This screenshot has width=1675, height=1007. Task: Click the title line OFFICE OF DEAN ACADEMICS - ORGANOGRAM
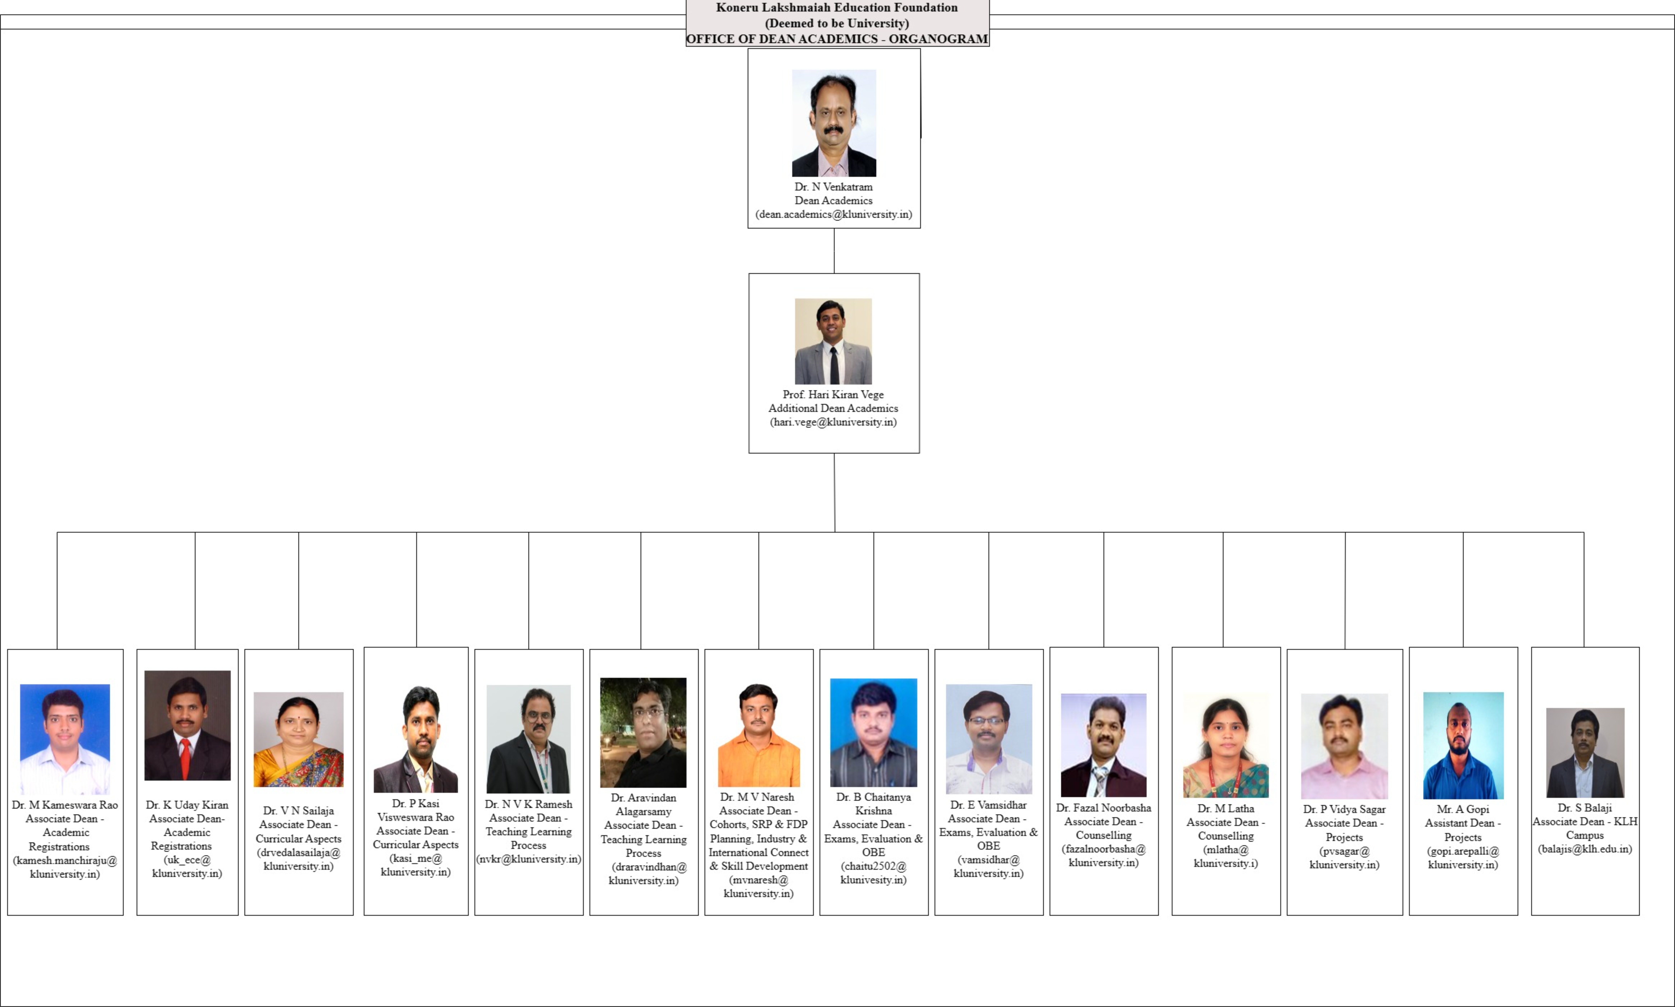837,39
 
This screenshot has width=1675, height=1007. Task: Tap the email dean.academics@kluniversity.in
833,214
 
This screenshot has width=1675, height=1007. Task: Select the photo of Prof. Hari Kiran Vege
833,341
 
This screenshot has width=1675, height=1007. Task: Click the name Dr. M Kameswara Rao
65,805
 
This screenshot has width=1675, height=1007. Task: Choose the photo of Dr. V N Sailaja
299,740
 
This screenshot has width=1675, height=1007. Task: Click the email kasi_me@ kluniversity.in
415,865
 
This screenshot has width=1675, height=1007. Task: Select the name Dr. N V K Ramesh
529,804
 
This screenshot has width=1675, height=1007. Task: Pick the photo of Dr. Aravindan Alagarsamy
643,733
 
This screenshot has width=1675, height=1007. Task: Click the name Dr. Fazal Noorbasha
1103,808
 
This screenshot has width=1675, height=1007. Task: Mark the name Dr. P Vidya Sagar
1344,809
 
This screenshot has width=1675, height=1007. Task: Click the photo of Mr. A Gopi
1463,745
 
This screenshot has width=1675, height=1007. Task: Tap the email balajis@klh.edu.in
1585,849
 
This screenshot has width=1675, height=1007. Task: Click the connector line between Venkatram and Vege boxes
834,251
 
